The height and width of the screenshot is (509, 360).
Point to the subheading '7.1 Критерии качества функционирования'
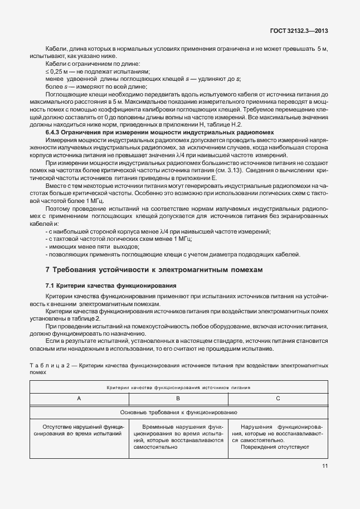(x=110, y=285)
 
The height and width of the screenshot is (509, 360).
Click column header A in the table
(x=79, y=399)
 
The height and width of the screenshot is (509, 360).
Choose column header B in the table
(x=178, y=399)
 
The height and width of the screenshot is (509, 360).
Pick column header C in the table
(x=278, y=399)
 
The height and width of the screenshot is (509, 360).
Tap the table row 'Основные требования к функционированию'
(x=178, y=413)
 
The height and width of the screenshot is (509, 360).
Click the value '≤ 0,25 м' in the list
(x=56, y=72)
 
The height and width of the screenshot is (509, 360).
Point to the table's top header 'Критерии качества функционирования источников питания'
(x=178, y=386)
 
